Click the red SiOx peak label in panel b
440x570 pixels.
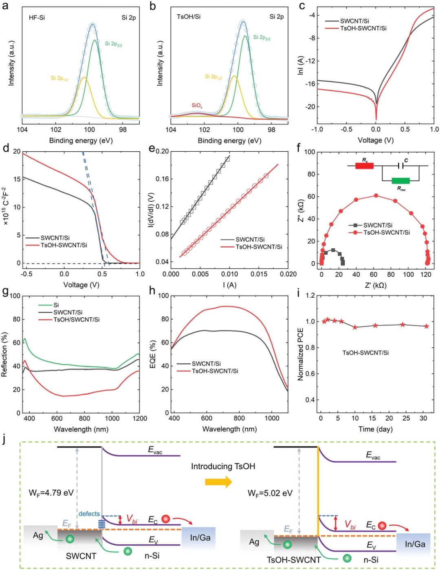[x=197, y=106]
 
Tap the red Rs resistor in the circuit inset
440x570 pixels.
[x=364, y=166]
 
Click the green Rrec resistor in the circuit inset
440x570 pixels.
[x=400, y=181]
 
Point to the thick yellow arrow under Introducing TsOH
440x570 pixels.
[x=218, y=482]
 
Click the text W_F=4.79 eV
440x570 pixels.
[x=51, y=493]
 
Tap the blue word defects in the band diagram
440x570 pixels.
[x=89, y=514]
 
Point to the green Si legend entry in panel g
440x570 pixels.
[x=57, y=305]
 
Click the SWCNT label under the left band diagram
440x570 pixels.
[x=81, y=556]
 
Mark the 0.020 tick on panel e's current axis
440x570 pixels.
[x=288, y=274]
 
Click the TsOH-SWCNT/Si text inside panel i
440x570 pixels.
[x=365, y=352]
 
